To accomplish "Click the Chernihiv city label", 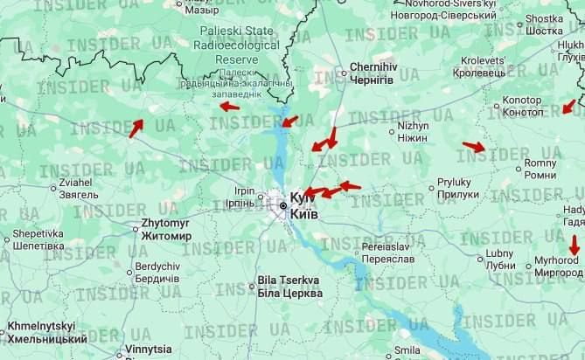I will pos(372,73).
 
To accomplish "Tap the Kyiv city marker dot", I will pos(282,205).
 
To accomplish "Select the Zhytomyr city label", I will pos(165,229).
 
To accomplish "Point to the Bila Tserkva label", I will pos(289,287).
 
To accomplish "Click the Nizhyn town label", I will pos(413,131).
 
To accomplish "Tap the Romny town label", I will pos(540,170).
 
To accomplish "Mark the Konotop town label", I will pos(522,107).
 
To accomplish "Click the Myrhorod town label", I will pos(556,266).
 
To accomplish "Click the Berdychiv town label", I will pos(157,272).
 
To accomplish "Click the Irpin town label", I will pos(245,197).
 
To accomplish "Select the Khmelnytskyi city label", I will pos(47,331).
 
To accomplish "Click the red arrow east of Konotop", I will pos(569,107).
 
